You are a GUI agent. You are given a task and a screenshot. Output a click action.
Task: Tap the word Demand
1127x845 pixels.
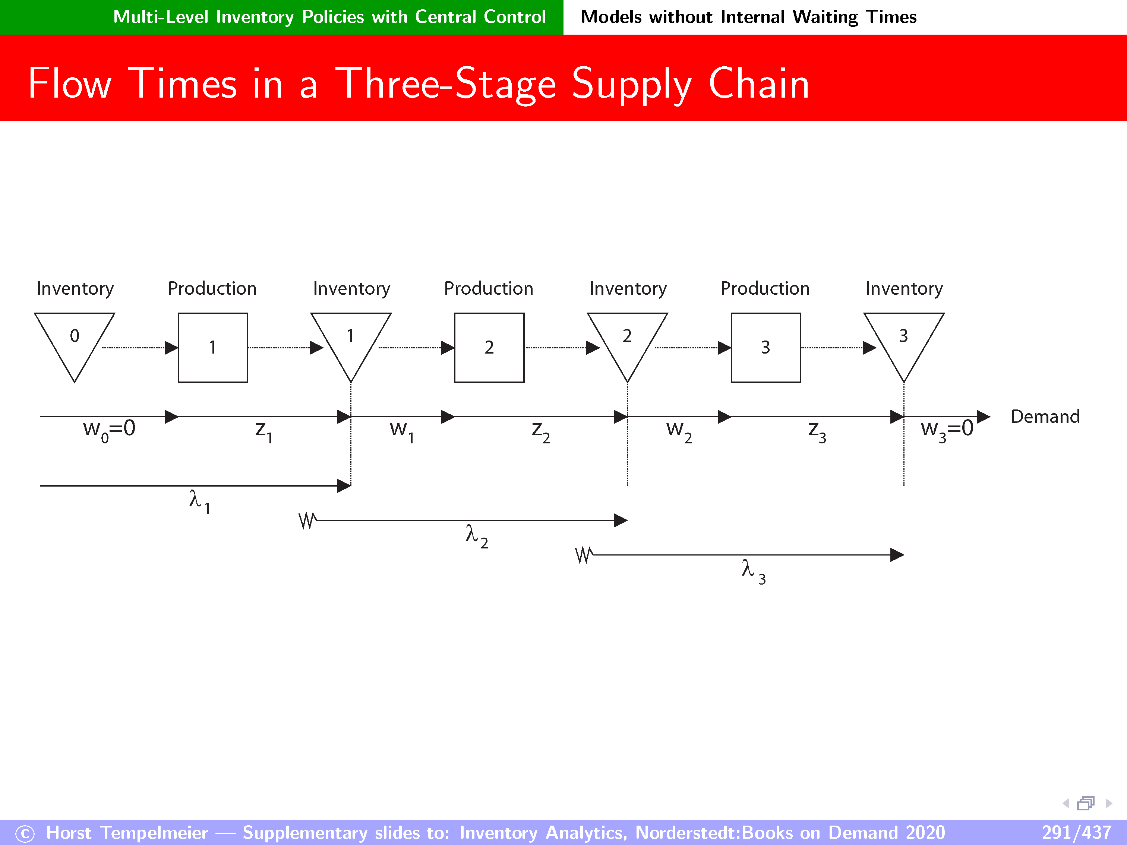(x=1045, y=417)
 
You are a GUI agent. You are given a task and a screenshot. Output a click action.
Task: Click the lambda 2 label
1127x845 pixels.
(x=476, y=537)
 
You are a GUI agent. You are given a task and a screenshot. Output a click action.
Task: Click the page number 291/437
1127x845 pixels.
(x=1076, y=833)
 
